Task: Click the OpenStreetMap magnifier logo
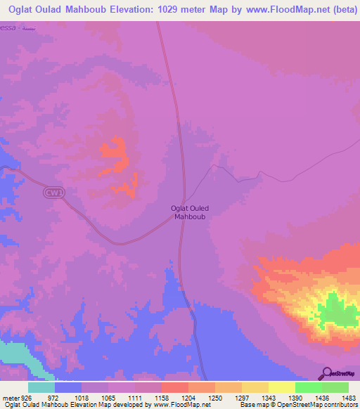[x=326, y=373]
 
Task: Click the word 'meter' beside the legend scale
[x=9, y=397]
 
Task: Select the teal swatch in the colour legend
[x=41, y=387]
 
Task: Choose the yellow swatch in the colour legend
[x=282, y=387]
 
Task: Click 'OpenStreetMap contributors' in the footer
[x=322, y=405]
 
